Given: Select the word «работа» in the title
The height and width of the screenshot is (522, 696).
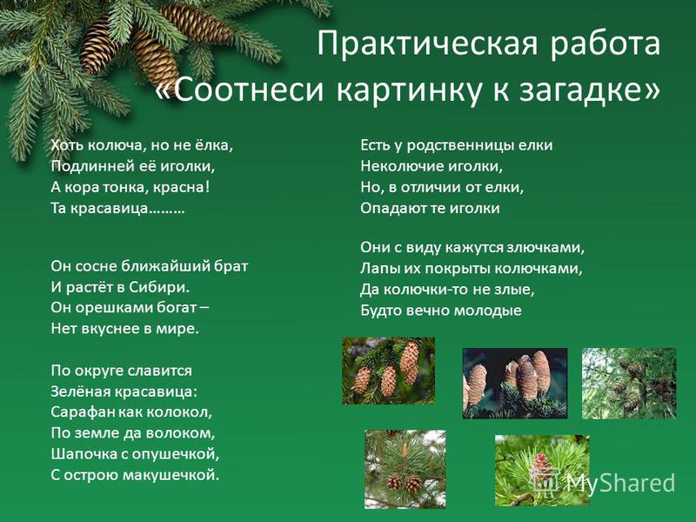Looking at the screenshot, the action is click(x=606, y=44).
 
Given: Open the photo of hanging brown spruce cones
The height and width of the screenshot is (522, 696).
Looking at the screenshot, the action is click(x=388, y=371).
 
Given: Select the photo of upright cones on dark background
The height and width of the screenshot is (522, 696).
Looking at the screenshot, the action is click(x=515, y=384).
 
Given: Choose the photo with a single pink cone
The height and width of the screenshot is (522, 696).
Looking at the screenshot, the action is click(x=542, y=471).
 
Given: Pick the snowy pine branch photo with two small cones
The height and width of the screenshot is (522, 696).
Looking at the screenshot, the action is click(x=405, y=469).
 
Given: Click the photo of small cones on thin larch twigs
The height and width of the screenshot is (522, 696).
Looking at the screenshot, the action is click(x=629, y=384).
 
